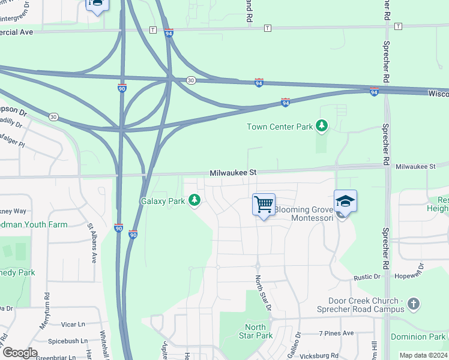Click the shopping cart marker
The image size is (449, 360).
(264, 205)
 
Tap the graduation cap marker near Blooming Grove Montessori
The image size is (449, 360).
(345, 202)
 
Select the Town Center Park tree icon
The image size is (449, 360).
(323, 125)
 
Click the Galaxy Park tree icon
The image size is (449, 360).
(194, 200)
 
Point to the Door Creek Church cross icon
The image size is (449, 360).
(413, 304)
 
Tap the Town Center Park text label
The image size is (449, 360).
(280, 127)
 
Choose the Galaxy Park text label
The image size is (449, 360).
(163, 202)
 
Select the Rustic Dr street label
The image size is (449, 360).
(367, 277)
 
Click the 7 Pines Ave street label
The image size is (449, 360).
(337, 333)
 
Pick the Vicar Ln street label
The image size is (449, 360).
(74, 324)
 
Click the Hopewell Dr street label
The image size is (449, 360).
(409, 275)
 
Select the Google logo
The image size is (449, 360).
(19, 352)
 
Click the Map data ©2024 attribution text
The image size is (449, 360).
(422, 355)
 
